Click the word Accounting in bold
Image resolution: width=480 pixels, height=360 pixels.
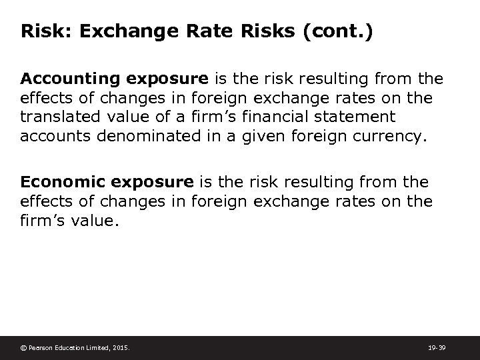[x=60, y=79]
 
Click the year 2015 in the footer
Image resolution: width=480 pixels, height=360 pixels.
[x=121, y=347]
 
